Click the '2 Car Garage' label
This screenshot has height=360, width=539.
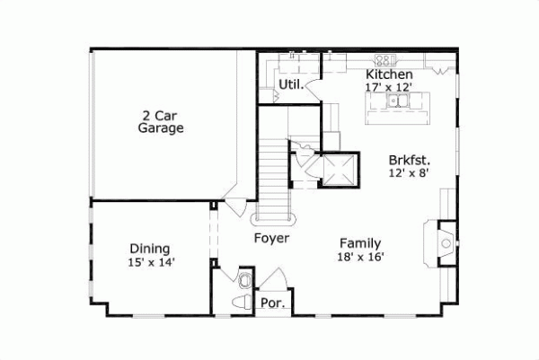pyautogui.click(x=161, y=121)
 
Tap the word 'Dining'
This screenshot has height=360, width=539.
pyautogui.click(x=150, y=249)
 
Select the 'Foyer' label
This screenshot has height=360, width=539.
pyautogui.click(x=270, y=239)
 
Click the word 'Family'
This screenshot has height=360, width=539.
pyautogui.click(x=360, y=242)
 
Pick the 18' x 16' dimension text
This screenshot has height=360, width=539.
pyautogui.click(x=360, y=256)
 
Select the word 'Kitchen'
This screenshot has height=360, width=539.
pyautogui.click(x=389, y=74)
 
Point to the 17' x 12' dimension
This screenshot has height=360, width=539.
pyautogui.click(x=389, y=86)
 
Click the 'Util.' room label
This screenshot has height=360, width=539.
pyautogui.click(x=289, y=85)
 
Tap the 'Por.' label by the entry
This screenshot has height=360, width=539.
pyautogui.click(x=273, y=303)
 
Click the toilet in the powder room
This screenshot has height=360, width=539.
pyautogui.click(x=242, y=302)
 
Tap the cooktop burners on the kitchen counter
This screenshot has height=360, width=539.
pyautogui.click(x=384, y=61)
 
